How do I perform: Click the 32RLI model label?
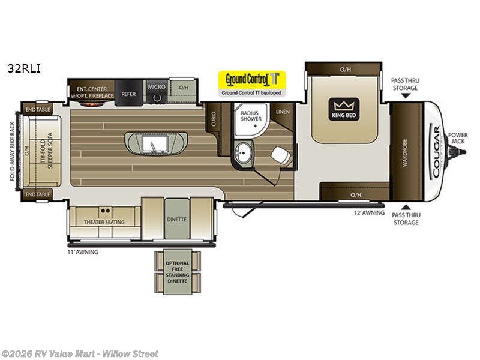click(x=24, y=68)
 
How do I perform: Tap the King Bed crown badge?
click(x=344, y=109)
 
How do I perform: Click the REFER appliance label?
click(x=128, y=94)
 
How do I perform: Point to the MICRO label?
click(x=157, y=87)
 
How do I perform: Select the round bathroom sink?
click(x=245, y=152)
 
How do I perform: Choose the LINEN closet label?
click(x=283, y=112)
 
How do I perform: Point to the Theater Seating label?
click(x=104, y=222)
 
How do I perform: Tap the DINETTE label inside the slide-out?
click(x=177, y=220)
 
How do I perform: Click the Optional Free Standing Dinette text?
click(x=177, y=272)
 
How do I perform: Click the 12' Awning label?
click(x=368, y=212)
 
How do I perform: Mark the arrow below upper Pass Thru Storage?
click(x=406, y=95)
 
